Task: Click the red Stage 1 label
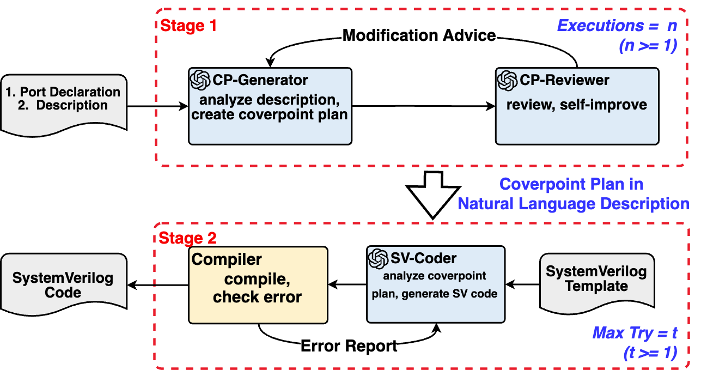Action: point(188,26)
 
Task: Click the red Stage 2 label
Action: point(187,238)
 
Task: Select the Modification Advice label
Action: point(419,35)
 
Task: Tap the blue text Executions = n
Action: point(617,26)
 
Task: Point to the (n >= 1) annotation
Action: point(647,46)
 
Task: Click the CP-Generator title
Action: point(260,80)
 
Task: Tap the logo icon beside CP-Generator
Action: point(200,80)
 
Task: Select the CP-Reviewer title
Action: point(564,80)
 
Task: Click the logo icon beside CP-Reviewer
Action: point(508,80)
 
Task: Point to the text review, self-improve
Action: point(576,105)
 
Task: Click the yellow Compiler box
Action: point(258,285)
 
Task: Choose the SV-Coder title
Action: point(423,258)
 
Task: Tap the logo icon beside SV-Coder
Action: point(378,258)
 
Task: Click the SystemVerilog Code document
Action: point(63,285)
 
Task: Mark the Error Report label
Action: point(349,345)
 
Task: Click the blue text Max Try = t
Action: point(635,332)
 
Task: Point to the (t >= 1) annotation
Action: point(649,353)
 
